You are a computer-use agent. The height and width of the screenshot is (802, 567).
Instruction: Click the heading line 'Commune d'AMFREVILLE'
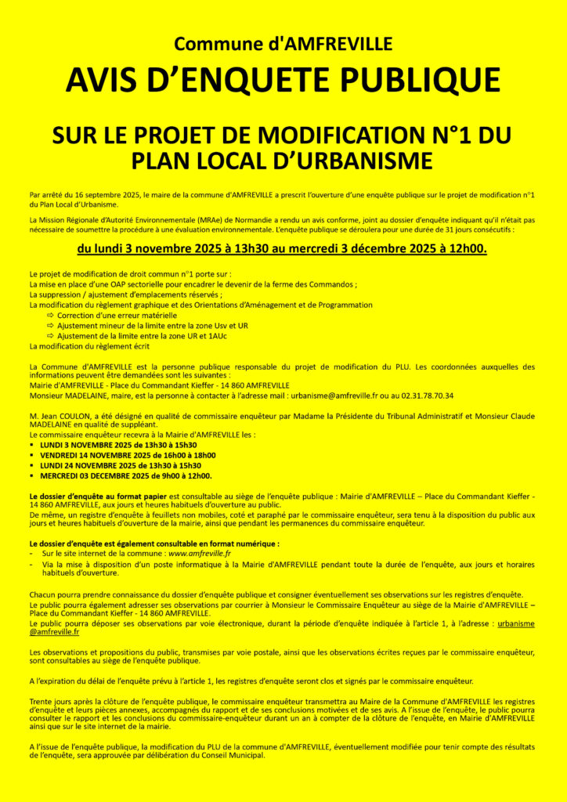pyautogui.click(x=283, y=44)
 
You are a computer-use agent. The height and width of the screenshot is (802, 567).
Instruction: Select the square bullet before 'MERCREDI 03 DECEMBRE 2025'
pyautogui.click(x=32, y=475)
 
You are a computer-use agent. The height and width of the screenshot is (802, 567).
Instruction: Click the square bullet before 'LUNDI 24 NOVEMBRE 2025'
pyautogui.click(x=32, y=465)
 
